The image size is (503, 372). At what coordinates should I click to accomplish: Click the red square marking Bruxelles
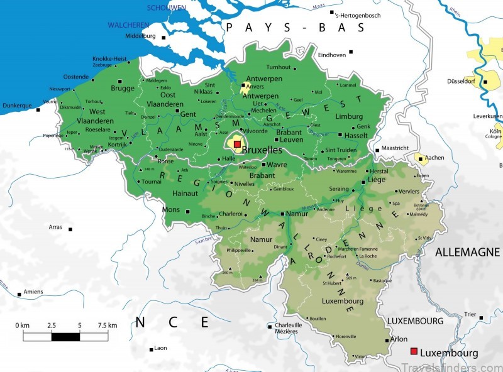(237, 145)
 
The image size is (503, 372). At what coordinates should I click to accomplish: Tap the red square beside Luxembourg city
(413, 351)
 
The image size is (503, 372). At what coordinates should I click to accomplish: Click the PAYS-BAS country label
(295, 28)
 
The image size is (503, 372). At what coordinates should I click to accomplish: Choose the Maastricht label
(395, 148)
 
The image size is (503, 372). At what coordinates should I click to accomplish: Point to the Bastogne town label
(381, 280)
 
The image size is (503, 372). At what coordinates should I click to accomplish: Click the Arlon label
(399, 339)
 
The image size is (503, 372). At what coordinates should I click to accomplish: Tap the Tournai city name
(152, 182)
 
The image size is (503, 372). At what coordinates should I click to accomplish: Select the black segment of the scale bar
(65, 336)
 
